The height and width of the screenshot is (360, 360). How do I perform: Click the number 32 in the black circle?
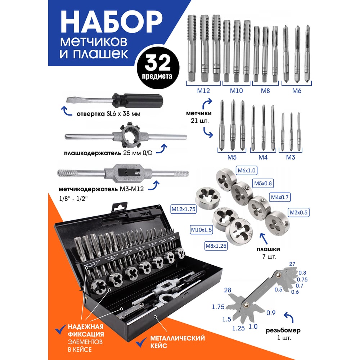(158, 63)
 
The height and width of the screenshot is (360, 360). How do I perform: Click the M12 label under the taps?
(203, 91)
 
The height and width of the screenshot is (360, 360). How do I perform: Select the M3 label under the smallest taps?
(291, 157)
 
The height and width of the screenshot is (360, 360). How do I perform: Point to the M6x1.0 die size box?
(247, 171)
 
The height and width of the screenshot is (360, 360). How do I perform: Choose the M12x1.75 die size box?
(184, 210)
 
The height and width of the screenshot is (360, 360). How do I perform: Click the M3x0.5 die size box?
(298, 212)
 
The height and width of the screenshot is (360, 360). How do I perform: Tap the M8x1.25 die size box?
(216, 246)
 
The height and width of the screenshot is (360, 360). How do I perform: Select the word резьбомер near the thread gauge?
(283, 330)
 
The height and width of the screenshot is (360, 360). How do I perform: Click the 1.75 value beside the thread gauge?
(218, 307)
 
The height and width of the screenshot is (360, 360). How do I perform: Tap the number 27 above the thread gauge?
(292, 264)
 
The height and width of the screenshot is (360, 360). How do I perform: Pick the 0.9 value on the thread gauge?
(271, 313)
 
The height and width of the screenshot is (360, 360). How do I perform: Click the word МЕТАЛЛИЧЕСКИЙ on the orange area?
(177, 338)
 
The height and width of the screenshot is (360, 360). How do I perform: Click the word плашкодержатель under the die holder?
(93, 153)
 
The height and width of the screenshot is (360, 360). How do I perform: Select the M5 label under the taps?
(232, 157)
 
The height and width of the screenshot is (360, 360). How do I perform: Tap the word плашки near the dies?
(268, 249)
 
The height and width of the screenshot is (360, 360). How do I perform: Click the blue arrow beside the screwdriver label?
(66, 111)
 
